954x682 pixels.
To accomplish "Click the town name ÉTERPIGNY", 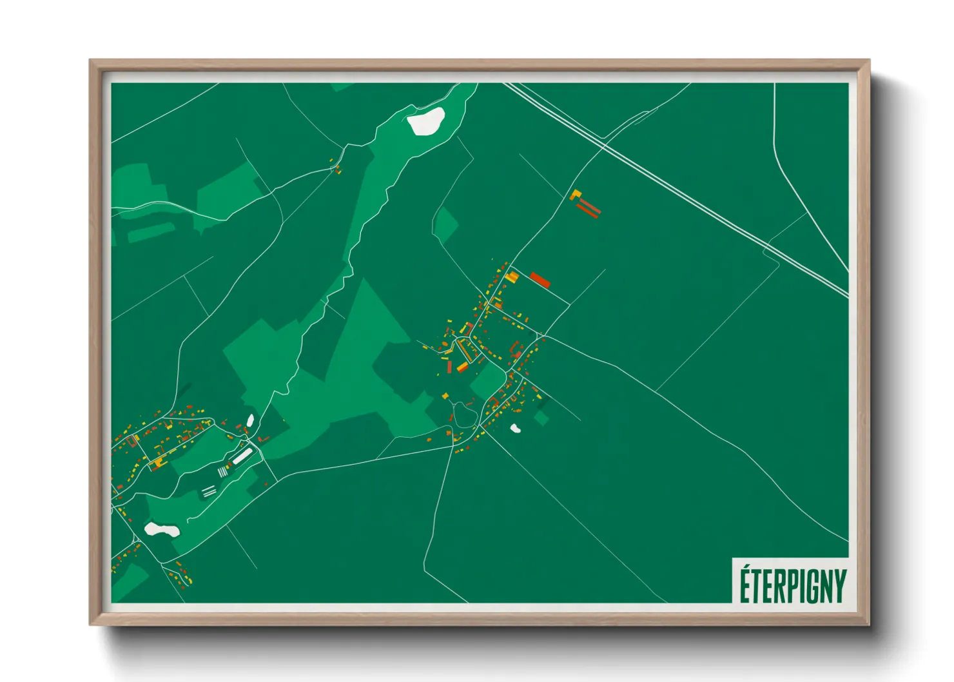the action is (792, 585).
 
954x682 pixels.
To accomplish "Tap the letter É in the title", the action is (745, 584).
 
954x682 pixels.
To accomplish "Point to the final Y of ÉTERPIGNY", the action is (839, 586).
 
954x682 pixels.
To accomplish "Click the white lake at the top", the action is (426, 121).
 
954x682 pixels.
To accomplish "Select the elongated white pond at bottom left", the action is (161, 530).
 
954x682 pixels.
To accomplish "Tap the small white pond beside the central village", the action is (515, 427).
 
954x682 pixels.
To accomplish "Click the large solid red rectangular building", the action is (540, 280).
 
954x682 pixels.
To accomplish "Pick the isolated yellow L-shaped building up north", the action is (575, 194).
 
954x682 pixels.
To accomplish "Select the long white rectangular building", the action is (242, 456).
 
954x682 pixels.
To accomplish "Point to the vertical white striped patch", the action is (222, 472).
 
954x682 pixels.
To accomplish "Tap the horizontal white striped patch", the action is (208, 492).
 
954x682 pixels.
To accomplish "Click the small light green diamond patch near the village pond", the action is (541, 418).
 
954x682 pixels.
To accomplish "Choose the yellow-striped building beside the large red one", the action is (512, 277).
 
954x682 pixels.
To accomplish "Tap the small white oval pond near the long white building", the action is (249, 421).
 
